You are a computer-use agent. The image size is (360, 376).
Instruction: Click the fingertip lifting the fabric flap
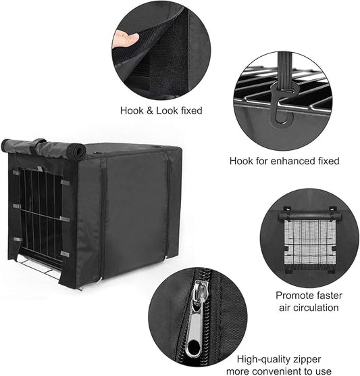(x=124, y=39)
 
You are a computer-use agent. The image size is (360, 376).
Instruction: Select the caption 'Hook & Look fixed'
(x=161, y=110)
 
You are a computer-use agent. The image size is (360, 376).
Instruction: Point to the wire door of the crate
(x=41, y=216)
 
